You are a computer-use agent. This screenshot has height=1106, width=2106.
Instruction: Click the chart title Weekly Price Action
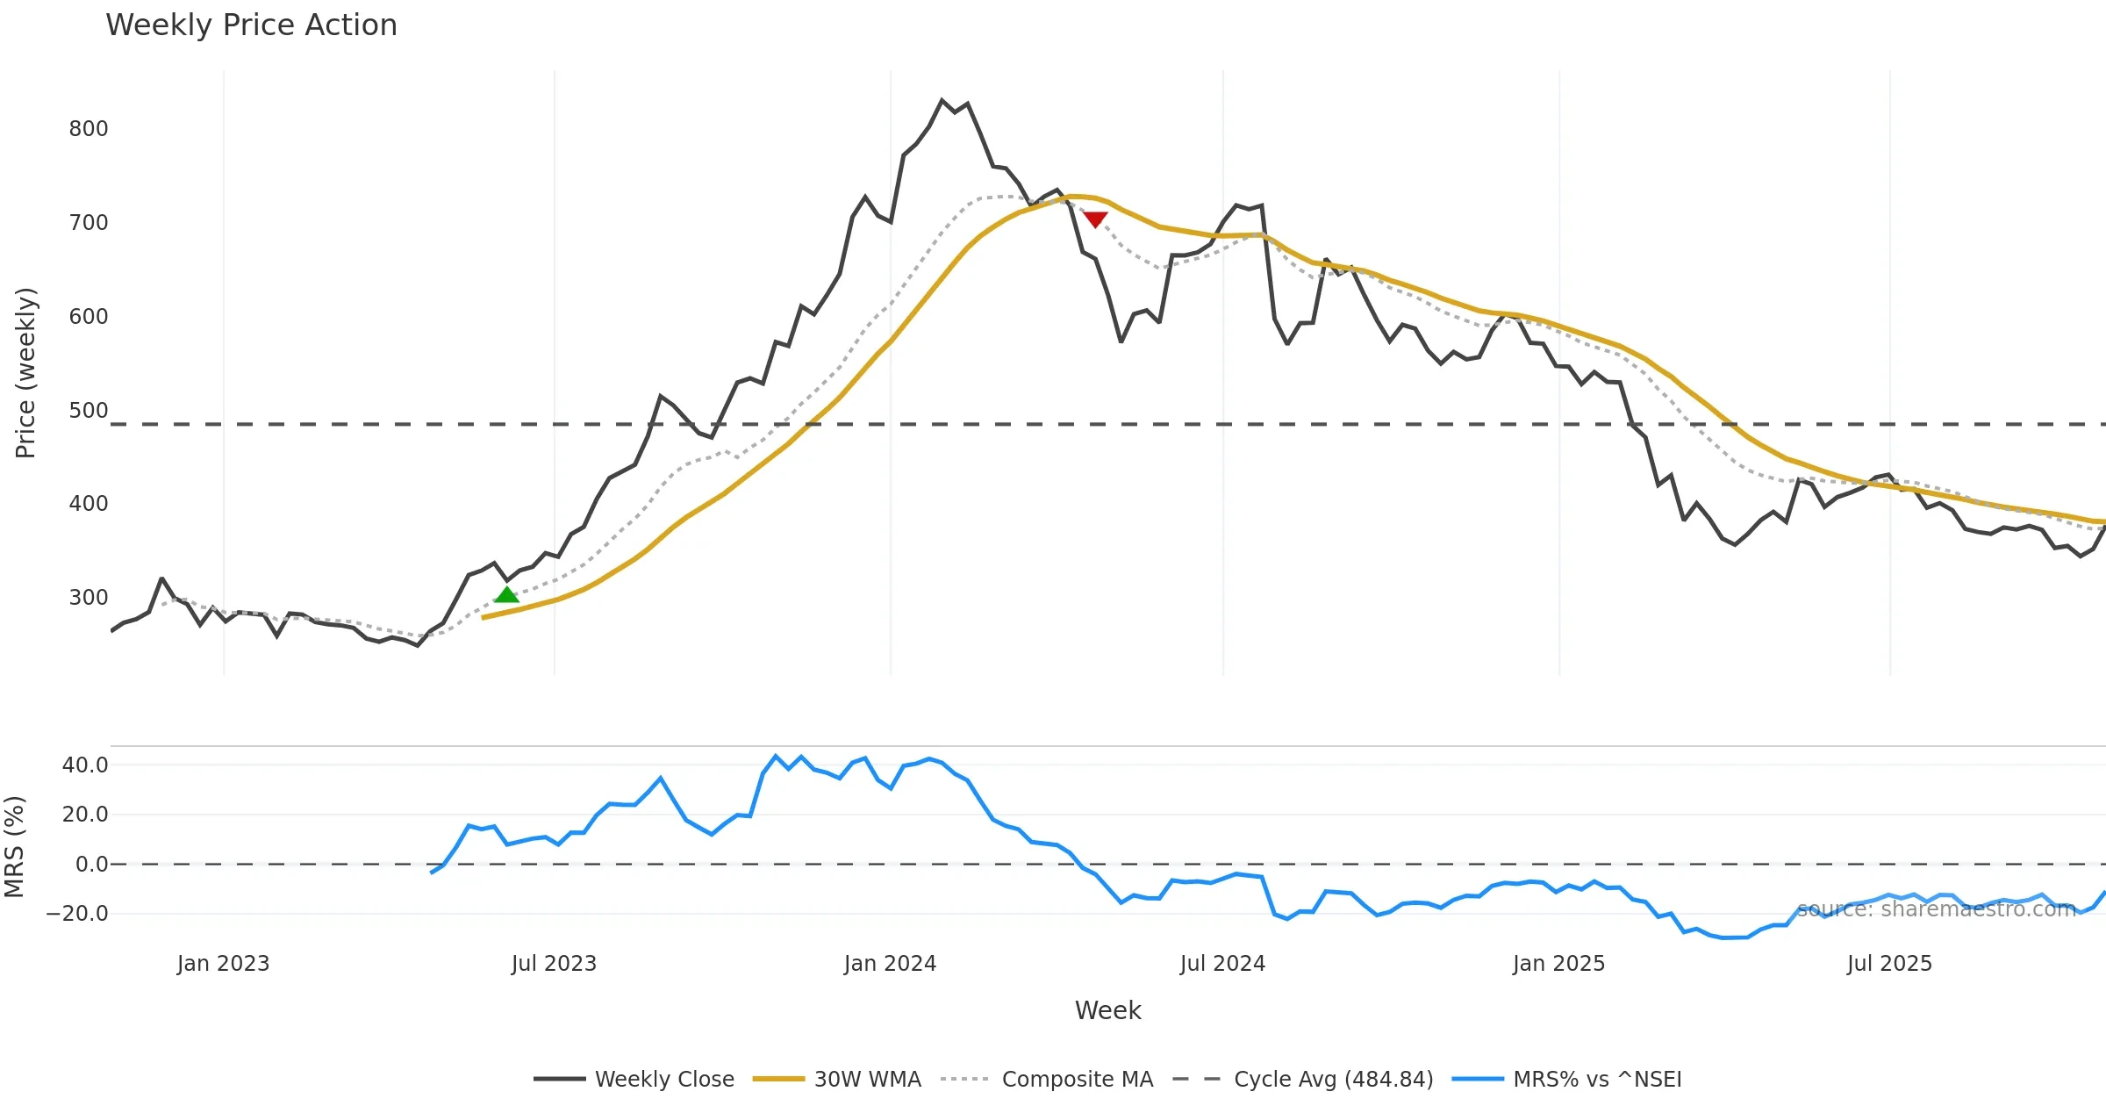point(251,25)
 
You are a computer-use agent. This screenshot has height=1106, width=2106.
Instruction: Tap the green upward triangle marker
point(506,595)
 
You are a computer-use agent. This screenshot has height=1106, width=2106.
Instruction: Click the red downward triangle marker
point(1095,219)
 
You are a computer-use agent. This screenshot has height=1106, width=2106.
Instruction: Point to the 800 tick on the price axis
point(89,129)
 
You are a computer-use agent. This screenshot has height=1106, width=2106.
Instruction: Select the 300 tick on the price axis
point(89,598)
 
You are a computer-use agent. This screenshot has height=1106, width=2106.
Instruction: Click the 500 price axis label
point(89,411)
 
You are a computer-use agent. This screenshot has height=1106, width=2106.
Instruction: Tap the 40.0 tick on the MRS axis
point(85,765)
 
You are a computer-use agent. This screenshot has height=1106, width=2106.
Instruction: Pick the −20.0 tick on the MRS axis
point(77,914)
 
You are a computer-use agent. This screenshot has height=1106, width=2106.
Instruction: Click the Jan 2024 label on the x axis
point(890,964)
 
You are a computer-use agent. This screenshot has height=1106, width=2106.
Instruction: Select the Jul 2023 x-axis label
point(554,964)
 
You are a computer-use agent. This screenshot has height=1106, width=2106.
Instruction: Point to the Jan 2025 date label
point(1558,964)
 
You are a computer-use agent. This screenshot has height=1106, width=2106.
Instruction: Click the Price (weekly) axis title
point(26,373)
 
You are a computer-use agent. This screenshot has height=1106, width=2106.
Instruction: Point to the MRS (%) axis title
point(15,847)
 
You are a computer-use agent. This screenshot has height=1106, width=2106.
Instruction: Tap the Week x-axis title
point(1107,1011)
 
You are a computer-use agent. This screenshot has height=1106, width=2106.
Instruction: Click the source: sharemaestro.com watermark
point(1936,909)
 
